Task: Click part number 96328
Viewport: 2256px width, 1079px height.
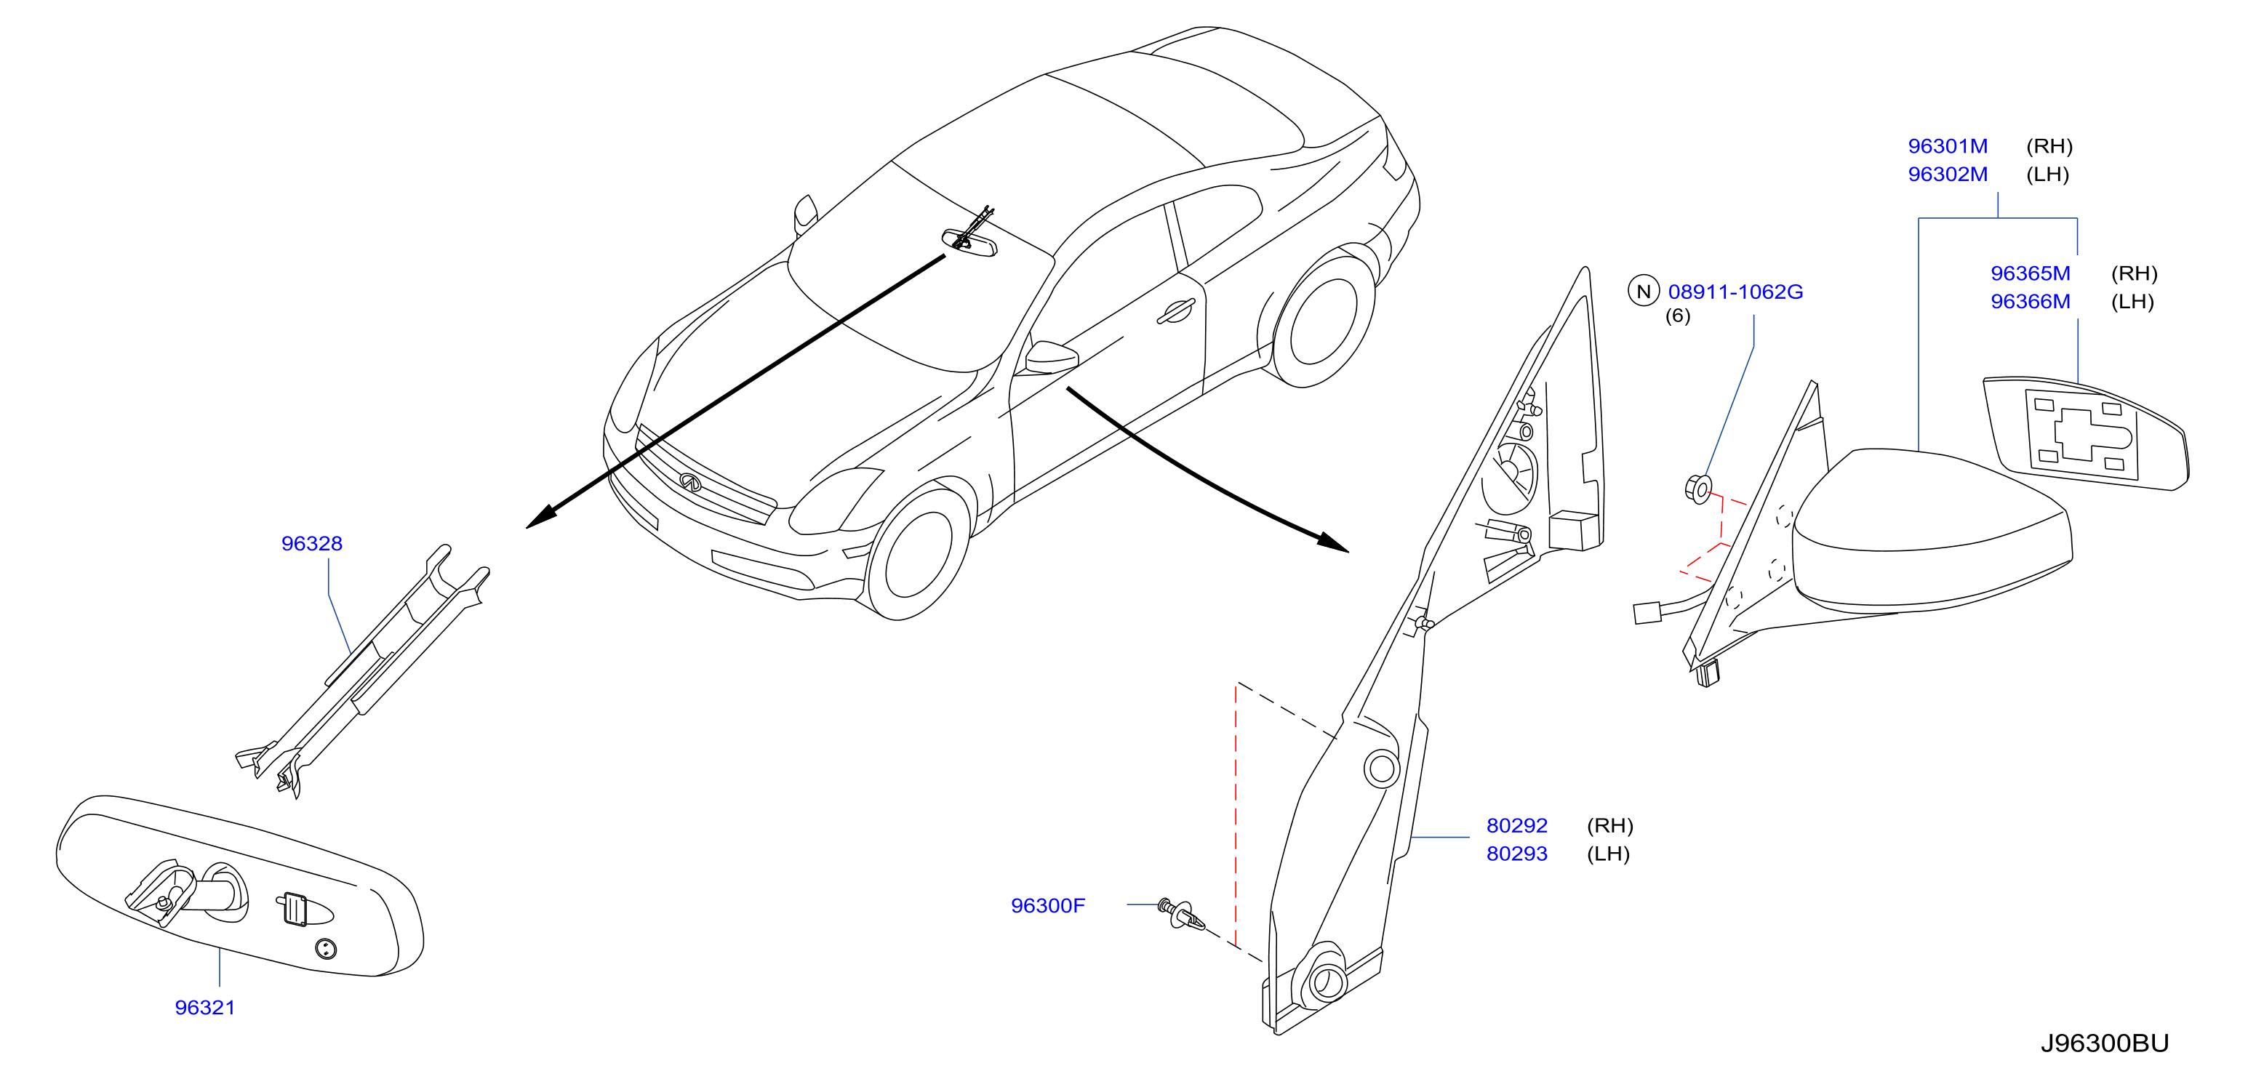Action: (x=312, y=544)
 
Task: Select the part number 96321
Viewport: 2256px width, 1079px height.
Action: (x=205, y=1008)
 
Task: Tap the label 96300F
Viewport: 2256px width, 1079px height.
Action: (x=1048, y=906)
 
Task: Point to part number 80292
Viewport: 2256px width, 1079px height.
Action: (x=1517, y=826)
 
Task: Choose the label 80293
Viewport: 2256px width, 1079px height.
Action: (x=1517, y=854)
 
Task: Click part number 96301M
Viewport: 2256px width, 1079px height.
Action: (x=1948, y=146)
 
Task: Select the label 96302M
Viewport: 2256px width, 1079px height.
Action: (x=1948, y=175)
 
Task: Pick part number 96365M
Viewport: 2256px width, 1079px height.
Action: (x=2030, y=273)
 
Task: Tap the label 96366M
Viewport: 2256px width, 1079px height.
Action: (x=2030, y=301)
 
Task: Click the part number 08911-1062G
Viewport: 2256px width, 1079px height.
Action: (x=1735, y=292)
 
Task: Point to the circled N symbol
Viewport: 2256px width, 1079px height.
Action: (x=1643, y=291)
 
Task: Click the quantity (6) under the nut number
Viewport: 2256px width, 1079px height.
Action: (x=1677, y=316)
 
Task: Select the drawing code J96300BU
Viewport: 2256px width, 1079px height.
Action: (x=2105, y=1043)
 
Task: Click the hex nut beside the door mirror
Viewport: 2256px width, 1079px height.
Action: (x=1698, y=489)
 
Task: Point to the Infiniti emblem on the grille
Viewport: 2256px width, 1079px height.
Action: (x=690, y=481)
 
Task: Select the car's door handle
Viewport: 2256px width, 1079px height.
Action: (x=1175, y=312)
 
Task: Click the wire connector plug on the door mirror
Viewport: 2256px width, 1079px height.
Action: (x=1647, y=612)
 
